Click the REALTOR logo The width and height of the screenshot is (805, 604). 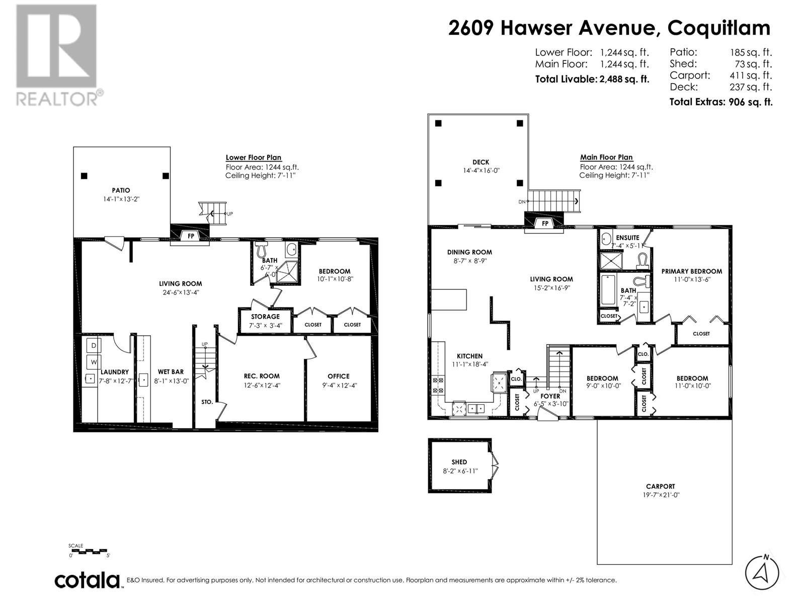click(57, 55)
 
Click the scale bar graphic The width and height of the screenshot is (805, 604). click(88, 551)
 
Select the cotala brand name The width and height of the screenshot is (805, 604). click(87, 580)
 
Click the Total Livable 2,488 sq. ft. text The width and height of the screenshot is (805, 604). click(592, 79)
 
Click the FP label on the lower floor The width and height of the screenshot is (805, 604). click(191, 236)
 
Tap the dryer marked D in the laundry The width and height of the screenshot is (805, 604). click(94, 345)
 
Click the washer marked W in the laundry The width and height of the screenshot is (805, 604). click(94, 362)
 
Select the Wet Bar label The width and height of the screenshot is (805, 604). click(171, 372)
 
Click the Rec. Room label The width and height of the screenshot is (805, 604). click(262, 376)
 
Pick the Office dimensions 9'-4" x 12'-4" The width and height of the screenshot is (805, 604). click(339, 386)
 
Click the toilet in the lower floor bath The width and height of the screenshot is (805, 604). click(261, 249)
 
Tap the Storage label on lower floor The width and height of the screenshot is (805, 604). click(265, 317)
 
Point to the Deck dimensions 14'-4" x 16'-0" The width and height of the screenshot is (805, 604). click(481, 171)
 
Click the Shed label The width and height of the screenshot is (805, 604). click(459, 462)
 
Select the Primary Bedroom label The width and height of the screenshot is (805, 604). click(692, 271)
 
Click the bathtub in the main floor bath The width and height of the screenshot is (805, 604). click(608, 290)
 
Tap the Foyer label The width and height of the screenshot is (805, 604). click(550, 396)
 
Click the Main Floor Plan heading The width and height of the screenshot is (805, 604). click(606, 158)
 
